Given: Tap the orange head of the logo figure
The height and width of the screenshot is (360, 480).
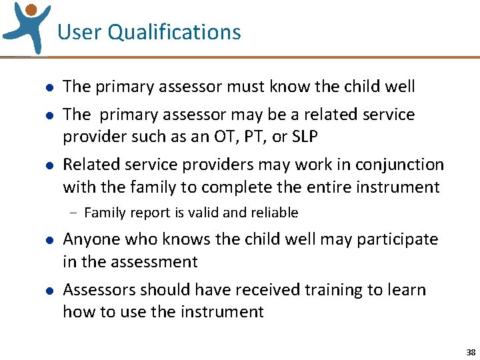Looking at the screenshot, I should click(31, 10).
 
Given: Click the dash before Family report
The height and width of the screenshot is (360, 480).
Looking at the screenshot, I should click(72, 213).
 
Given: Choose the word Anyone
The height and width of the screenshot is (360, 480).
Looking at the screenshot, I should click(87, 239).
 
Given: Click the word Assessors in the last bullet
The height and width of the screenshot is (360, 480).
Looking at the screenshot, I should click(93, 290).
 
